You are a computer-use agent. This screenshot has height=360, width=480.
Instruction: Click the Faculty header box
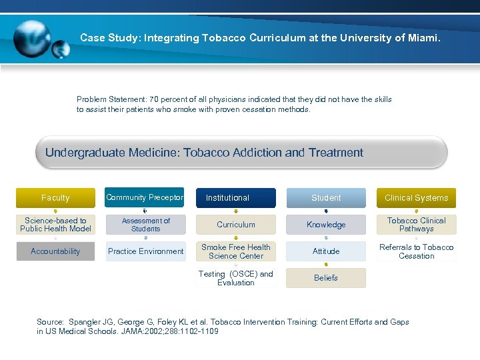coord(55,198)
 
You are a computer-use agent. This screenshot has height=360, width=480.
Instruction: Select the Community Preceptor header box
coord(145,198)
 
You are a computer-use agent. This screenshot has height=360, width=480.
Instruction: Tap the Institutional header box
coord(235,198)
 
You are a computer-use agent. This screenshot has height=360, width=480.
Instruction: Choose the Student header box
coord(326,198)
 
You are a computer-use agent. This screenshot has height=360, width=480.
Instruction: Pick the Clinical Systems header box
coord(417,198)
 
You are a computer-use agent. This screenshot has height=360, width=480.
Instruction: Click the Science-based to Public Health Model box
coord(55,225)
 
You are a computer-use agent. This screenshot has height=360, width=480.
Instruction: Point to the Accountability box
coord(55,251)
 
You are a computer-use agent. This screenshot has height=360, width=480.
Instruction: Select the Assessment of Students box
coord(145,225)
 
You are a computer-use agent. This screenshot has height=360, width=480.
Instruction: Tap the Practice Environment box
coord(145,251)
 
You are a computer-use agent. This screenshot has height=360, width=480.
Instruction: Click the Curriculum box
coord(235,225)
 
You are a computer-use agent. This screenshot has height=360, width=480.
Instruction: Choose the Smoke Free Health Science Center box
coord(235,251)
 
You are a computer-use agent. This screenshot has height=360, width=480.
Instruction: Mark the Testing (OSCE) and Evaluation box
coord(235,278)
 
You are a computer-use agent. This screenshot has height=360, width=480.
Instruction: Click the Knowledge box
coord(326,225)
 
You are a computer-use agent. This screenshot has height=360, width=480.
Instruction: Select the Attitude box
coord(326,251)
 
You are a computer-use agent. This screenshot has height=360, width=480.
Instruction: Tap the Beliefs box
coord(326,278)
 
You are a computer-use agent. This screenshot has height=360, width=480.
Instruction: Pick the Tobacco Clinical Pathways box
coord(417,225)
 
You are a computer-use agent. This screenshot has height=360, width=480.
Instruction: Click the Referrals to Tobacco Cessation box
coord(417,251)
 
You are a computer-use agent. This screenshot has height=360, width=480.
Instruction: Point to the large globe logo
coord(31,37)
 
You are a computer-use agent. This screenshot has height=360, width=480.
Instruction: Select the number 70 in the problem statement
coord(155,99)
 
